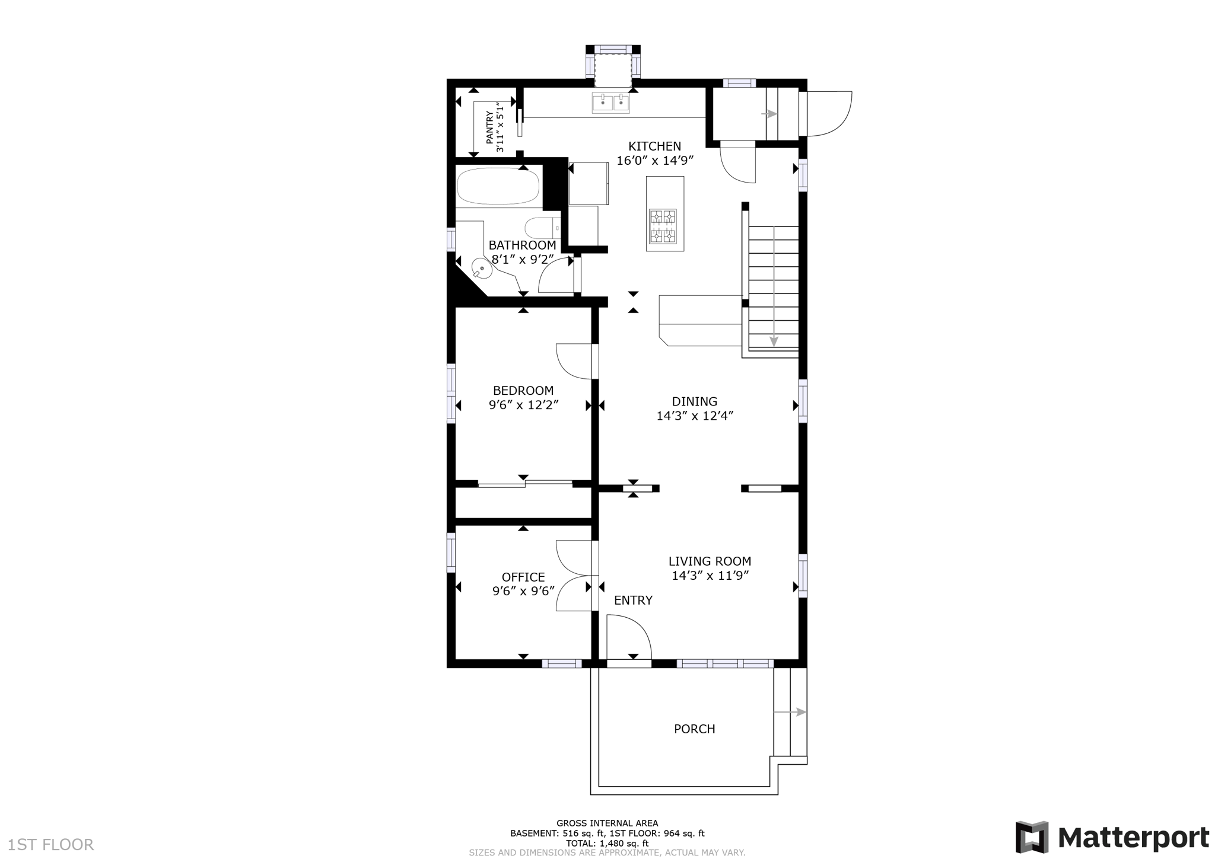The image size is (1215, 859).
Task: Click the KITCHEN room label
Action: pos(654,146)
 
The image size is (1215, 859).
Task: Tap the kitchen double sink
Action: pos(610,103)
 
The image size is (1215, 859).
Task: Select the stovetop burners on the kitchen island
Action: pos(662,226)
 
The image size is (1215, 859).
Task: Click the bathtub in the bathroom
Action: pos(498,186)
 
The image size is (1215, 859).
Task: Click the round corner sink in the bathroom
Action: pos(482,270)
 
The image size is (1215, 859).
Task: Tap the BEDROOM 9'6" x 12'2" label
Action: pos(523,398)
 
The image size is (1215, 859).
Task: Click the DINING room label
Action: pos(695,402)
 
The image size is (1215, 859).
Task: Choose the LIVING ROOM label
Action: pos(710,561)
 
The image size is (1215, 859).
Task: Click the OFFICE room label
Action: pos(523,577)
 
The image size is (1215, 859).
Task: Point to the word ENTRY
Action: pos(633,601)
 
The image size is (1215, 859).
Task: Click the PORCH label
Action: pos(694,729)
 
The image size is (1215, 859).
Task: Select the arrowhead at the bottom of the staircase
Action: pos(774,341)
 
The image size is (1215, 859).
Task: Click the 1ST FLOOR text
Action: pos(51,845)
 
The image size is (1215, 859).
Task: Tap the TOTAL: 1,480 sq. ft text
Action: pos(607,843)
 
